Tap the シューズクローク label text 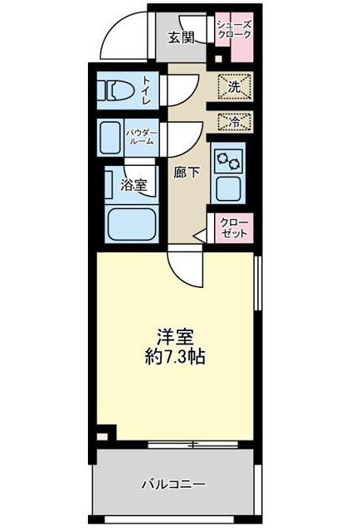[233, 30]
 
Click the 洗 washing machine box [235, 85]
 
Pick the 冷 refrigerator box [234, 122]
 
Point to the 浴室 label [134, 185]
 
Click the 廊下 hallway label [186, 173]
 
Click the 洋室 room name [175, 338]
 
